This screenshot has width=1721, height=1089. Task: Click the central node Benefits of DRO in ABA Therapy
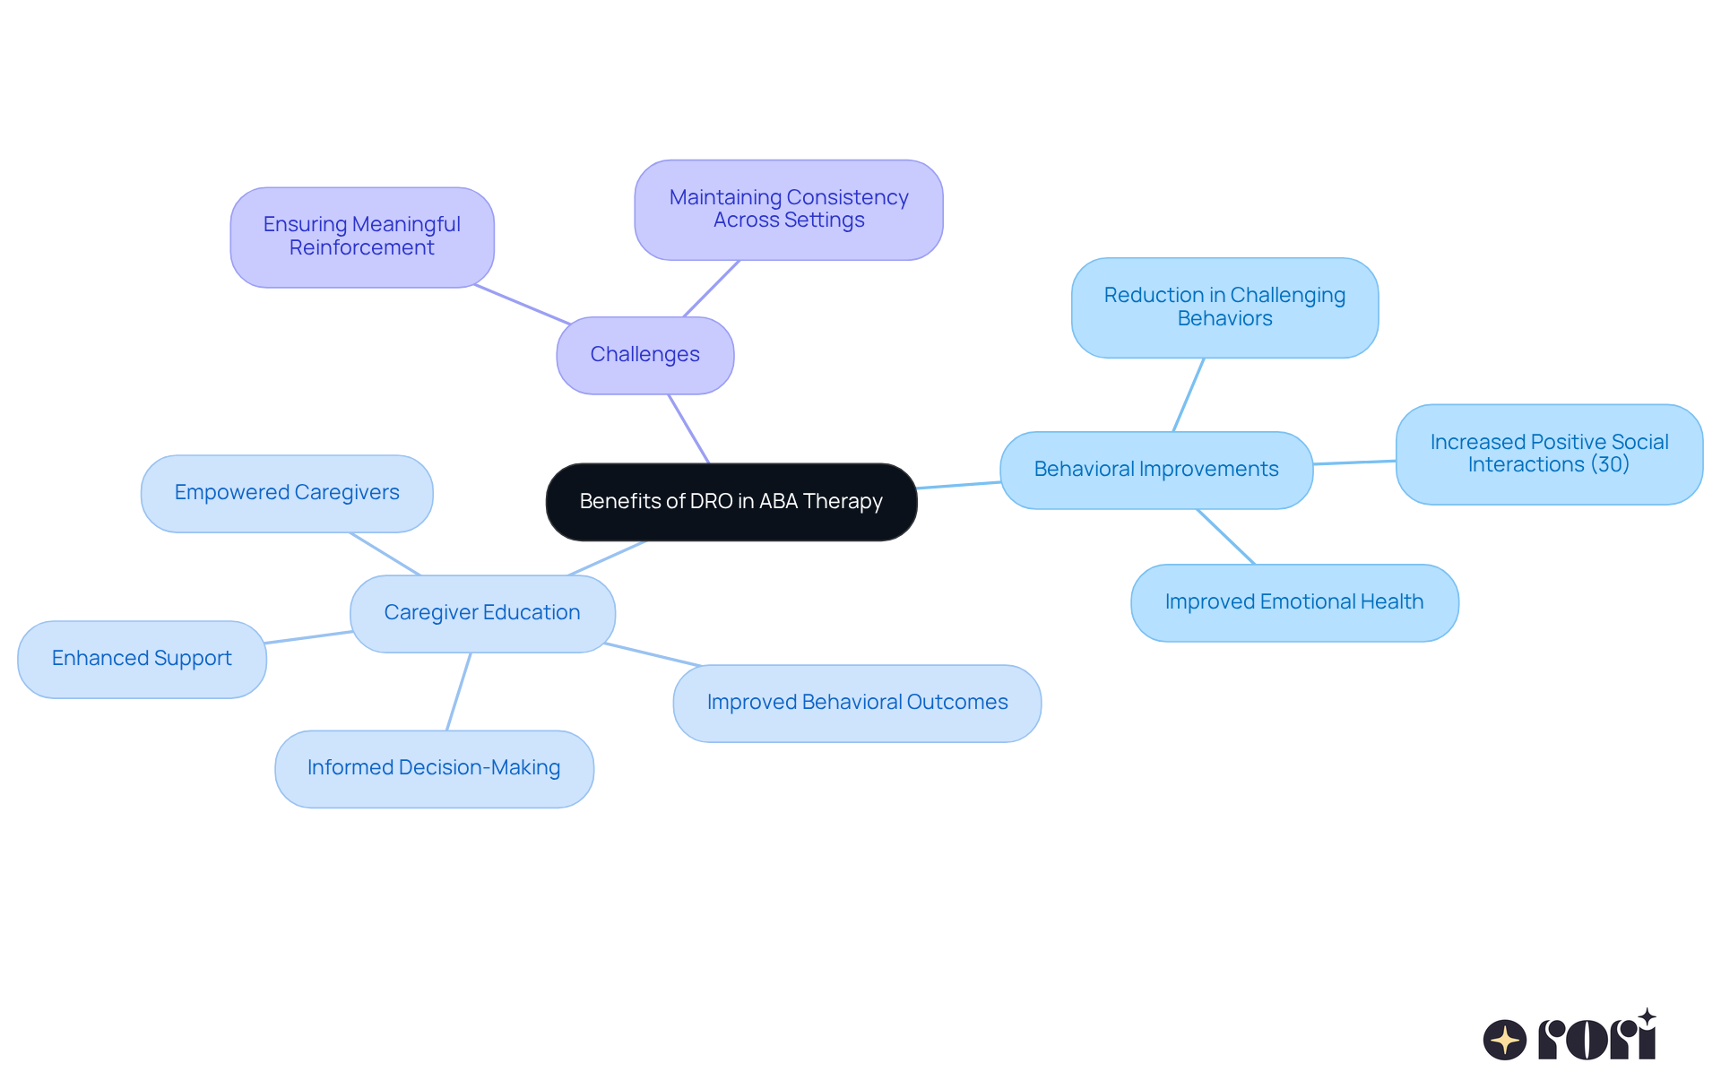click(731, 502)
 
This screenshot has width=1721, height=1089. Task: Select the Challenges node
click(644, 355)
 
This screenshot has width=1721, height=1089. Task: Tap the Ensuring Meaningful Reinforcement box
click(361, 237)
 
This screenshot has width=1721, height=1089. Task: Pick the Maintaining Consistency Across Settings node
click(788, 210)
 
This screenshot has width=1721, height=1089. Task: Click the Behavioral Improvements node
click(1155, 470)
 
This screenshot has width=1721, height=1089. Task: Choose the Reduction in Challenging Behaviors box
click(1224, 307)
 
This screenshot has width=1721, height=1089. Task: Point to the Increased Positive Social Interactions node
click(1548, 454)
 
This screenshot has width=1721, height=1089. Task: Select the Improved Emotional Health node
click(1293, 602)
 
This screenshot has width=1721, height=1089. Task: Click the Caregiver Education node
click(481, 613)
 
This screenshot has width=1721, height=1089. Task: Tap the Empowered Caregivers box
click(286, 493)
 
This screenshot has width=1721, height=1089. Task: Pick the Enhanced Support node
click(142, 659)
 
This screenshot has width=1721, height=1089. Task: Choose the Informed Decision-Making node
click(434, 768)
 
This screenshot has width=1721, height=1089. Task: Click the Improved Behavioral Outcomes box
click(856, 703)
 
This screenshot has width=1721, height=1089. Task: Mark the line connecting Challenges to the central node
click(688, 428)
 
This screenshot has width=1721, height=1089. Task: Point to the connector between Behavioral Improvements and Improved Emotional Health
click(1225, 536)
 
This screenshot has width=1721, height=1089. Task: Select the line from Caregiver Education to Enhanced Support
click(308, 637)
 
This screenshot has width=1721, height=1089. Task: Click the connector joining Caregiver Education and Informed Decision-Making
click(459, 691)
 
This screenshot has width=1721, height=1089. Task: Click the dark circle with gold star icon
click(1504, 1041)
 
